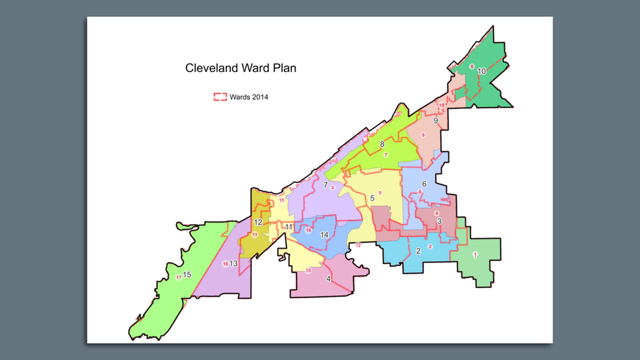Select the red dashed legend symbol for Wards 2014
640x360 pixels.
coord(220,97)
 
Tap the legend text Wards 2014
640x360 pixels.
coord(249,97)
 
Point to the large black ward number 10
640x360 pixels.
coord(481,71)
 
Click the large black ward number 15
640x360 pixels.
coord(187,274)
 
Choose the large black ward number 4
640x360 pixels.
coord(328,279)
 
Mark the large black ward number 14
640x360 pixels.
coord(324,235)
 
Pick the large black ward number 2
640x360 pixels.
coord(417,251)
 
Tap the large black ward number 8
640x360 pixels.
coord(382,144)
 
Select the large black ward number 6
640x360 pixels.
coord(424,184)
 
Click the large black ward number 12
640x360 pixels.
coord(257,222)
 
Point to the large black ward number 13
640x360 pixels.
coord(234,263)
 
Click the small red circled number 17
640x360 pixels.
coord(179,277)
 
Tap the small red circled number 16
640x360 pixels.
coord(225,264)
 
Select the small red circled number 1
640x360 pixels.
coord(475,254)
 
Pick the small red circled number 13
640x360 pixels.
coord(308,270)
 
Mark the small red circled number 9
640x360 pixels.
coord(423,135)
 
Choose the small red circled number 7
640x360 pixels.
coord(386,154)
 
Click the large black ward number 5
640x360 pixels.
coord(372,198)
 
